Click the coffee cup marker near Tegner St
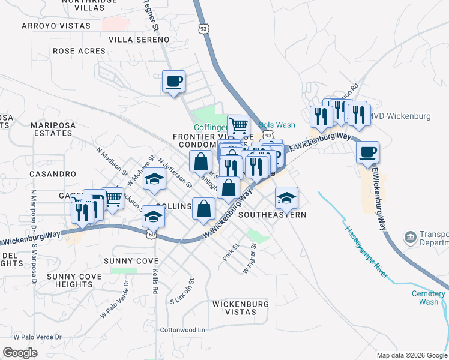tap(173, 81)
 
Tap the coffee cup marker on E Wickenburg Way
tap(367, 152)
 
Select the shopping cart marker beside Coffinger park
tap(238, 125)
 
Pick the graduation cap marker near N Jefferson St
tap(154, 180)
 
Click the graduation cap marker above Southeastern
tap(287, 197)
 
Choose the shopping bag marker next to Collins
tap(204, 209)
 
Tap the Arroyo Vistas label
tap(56, 26)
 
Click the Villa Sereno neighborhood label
tap(139, 39)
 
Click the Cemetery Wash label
tap(429, 298)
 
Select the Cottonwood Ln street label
tap(182, 330)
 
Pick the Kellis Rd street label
tap(155, 281)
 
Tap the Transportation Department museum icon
tap(411, 238)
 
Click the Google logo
tap(20, 353)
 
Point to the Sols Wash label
tap(277, 125)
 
